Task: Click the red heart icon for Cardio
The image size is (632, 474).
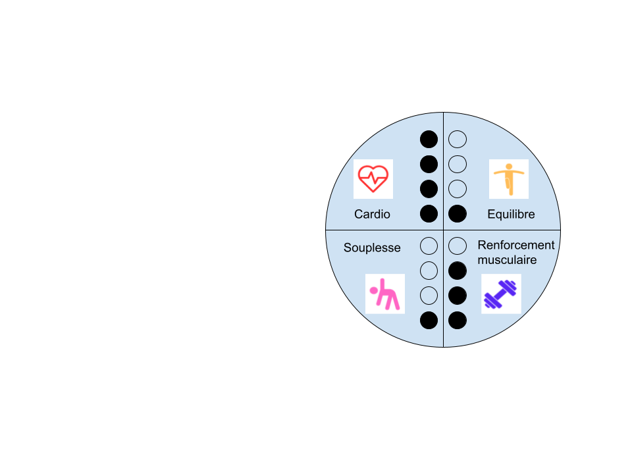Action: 373,178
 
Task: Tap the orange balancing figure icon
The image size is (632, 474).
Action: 509,179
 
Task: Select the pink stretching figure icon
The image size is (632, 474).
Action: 385,294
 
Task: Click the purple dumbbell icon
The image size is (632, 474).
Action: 500,294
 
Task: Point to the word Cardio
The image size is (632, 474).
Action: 372,214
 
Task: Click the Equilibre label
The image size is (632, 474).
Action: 511,214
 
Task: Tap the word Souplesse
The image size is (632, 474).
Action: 372,248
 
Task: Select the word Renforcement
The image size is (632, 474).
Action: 516,245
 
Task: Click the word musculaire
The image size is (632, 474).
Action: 507,260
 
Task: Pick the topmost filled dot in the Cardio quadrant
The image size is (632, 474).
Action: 429,140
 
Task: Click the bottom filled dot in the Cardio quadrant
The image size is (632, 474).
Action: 429,213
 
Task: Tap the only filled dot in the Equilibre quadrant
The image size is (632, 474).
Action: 458,213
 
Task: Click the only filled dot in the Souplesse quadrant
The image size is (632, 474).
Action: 429,321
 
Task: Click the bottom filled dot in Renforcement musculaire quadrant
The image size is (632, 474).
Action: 458,321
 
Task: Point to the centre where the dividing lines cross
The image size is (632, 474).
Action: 443,230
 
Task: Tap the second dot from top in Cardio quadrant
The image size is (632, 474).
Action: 429,165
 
